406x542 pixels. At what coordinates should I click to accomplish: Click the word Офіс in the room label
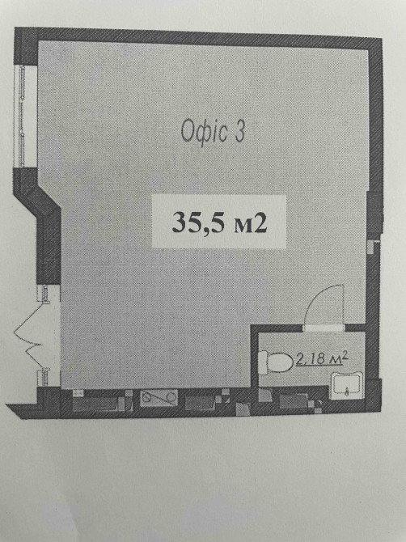tap(204, 132)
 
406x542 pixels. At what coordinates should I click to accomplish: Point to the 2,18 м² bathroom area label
tap(321, 359)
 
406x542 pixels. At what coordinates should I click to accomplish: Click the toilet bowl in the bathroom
tap(280, 362)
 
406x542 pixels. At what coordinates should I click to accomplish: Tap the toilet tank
tap(264, 362)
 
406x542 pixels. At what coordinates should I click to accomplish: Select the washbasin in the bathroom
tap(347, 385)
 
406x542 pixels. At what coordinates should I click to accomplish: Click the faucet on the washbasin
tap(347, 392)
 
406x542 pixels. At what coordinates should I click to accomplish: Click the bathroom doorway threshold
tap(324, 328)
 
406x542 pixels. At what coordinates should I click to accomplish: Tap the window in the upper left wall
tap(23, 116)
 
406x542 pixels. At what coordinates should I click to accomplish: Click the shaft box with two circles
tap(159, 397)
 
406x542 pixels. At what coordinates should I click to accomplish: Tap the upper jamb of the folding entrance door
tap(45, 294)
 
